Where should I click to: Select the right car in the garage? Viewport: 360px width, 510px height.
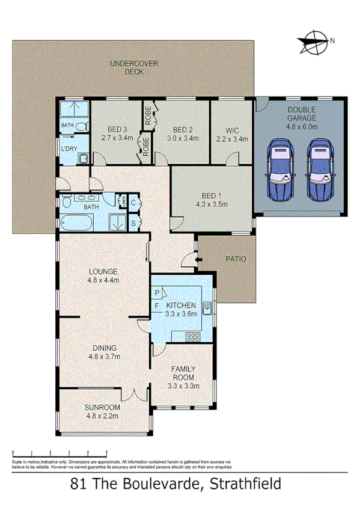pos(319,171)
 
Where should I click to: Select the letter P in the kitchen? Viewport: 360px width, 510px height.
pos(156,293)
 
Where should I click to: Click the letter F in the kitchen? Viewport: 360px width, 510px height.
pos(156,306)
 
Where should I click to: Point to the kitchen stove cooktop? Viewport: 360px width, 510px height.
pos(194,336)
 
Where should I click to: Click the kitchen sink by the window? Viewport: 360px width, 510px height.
pos(207,309)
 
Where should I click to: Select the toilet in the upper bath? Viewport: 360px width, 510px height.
pos(85,126)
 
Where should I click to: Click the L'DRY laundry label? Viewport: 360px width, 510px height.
pos(68,148)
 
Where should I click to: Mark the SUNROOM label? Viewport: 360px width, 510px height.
pos(103,407)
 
